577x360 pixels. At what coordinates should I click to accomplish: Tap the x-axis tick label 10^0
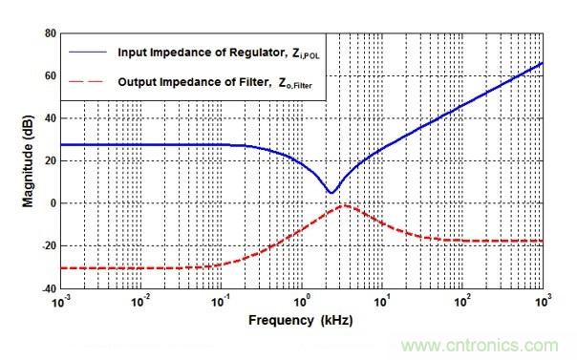(x=302, y=302)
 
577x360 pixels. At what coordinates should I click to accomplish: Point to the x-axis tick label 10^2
(x=462, y=302)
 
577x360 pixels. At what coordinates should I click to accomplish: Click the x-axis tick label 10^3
(x=543, y=302)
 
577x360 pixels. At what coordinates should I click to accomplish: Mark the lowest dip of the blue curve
(x=331, y=193)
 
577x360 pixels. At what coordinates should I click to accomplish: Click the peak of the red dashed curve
(x=343, y=205)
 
